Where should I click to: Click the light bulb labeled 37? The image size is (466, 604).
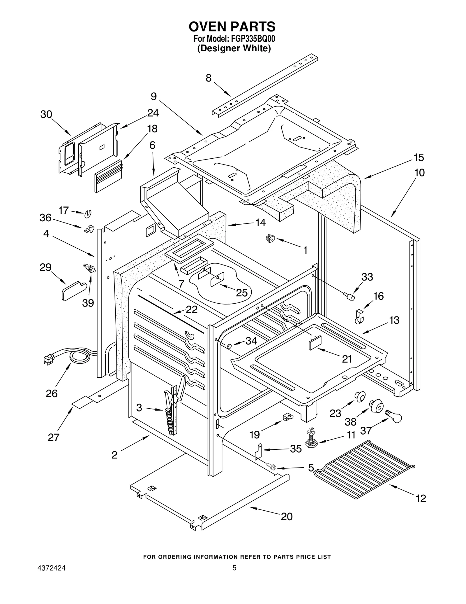coord(394,416)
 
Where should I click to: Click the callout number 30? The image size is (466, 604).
coord(46,115)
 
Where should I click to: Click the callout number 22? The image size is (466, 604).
coord(192,309)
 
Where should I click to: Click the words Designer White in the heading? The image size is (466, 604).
coord(234,48)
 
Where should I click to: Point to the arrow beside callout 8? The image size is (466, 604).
coord(222,89)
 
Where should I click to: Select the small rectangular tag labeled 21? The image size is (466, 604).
coord(315,342)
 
